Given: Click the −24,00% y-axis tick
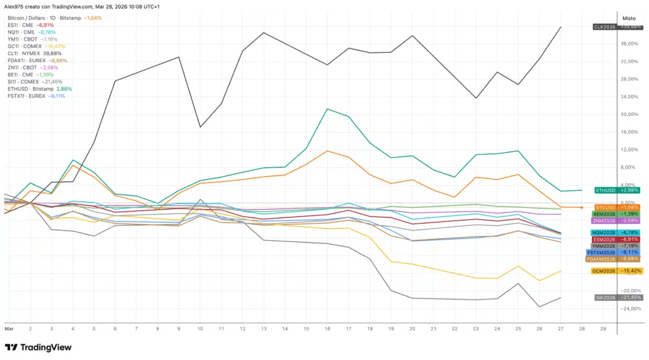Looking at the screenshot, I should [x=630, y=308].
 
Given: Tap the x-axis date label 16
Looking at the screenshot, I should [x=327, y=329].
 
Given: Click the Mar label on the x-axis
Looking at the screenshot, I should [x=9, y=329].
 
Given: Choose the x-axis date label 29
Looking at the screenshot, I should [x=603, y=329].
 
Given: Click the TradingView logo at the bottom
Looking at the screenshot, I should [x=38, y=347].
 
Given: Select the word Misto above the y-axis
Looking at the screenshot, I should [x=629, y=18].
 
